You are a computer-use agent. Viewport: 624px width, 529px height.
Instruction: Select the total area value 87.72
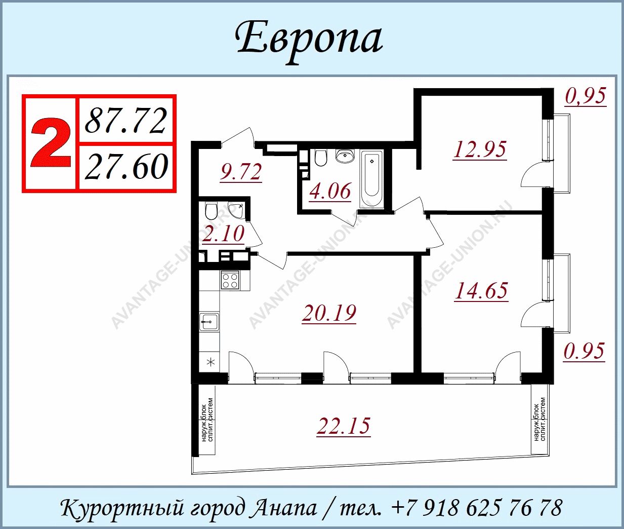126,121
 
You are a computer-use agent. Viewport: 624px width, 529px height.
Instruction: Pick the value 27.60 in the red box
126,166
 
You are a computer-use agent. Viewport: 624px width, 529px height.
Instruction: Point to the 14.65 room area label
481,290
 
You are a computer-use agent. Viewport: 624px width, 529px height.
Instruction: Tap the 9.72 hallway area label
240,173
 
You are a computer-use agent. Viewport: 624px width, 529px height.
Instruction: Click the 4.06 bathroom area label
330,191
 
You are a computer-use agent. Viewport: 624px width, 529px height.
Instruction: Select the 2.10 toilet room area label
223,234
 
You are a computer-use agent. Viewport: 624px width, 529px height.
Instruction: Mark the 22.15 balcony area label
344,426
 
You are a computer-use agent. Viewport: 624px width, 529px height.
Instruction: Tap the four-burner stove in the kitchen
230,280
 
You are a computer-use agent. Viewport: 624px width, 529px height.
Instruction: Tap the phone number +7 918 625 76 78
476,507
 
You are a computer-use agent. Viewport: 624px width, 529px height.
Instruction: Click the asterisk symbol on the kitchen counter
211,362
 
